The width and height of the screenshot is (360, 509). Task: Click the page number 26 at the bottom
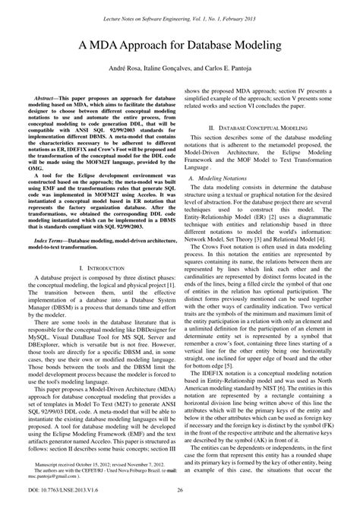[x=180, y=496]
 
